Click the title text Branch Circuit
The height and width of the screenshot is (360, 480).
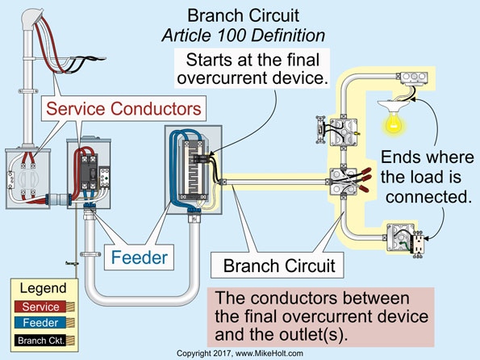[240, 15]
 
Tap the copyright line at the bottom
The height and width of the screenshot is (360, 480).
[240, 354]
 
